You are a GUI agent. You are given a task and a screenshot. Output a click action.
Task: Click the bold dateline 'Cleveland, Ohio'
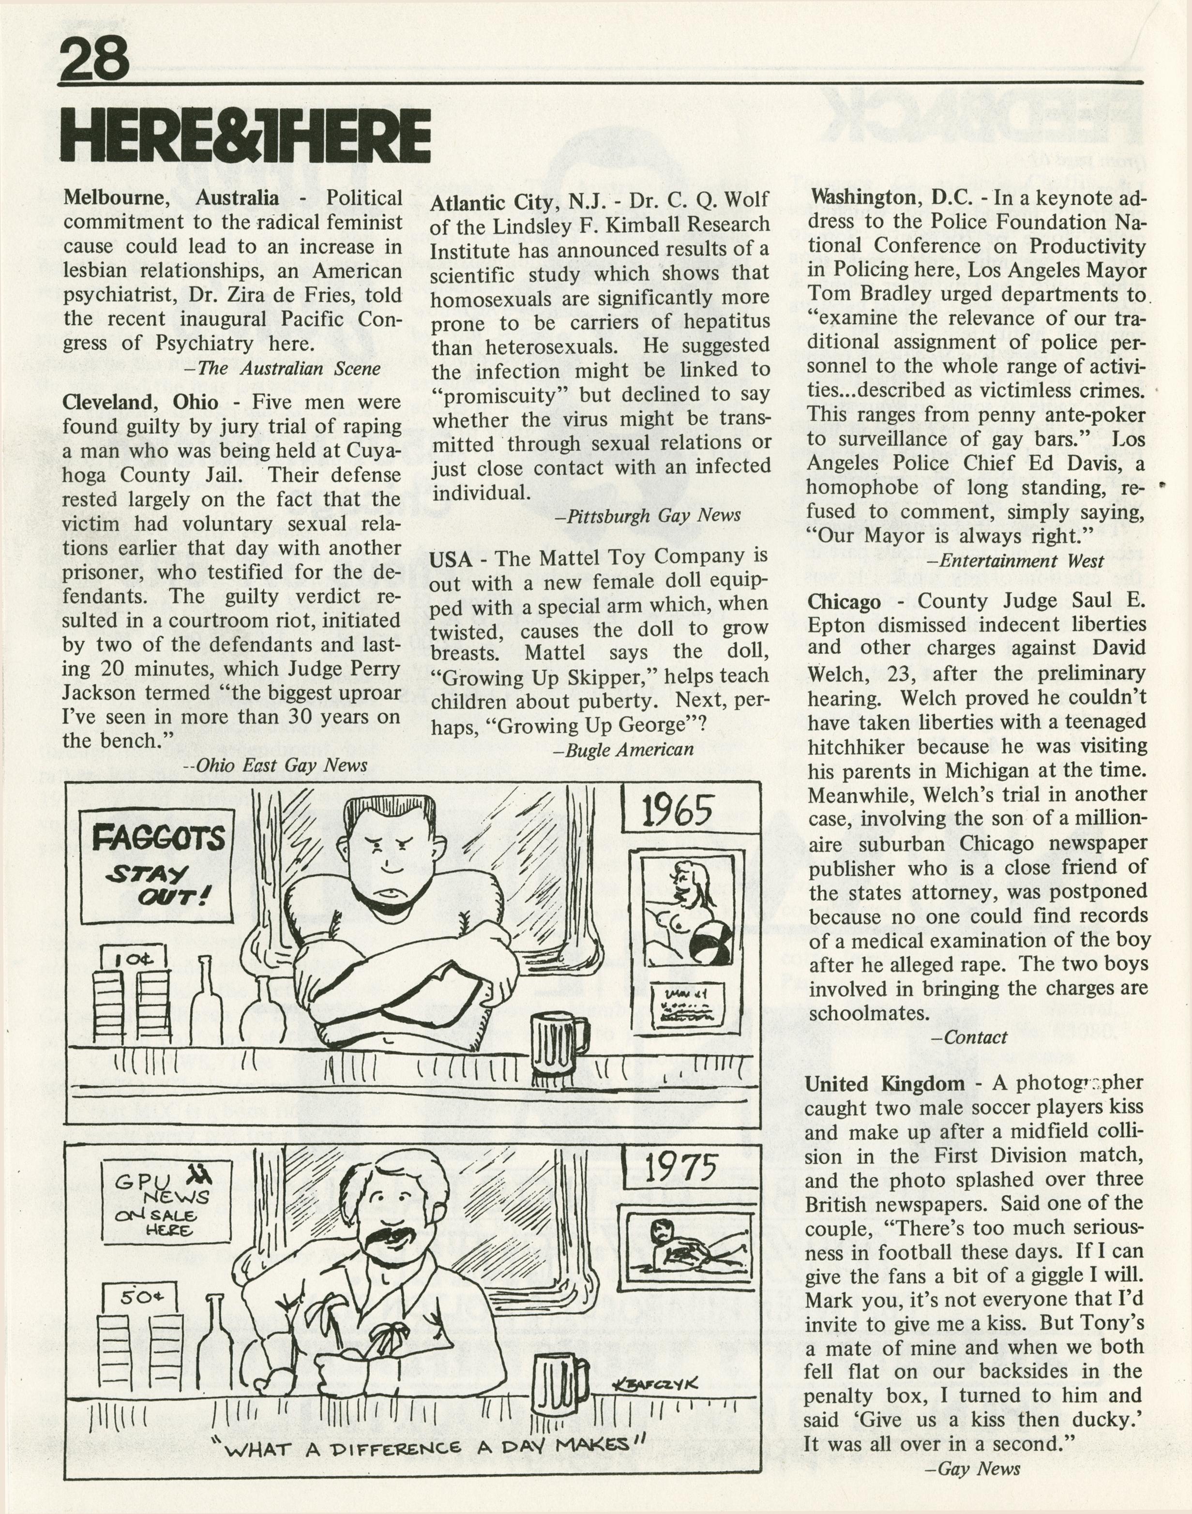click(x=139, y=403)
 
